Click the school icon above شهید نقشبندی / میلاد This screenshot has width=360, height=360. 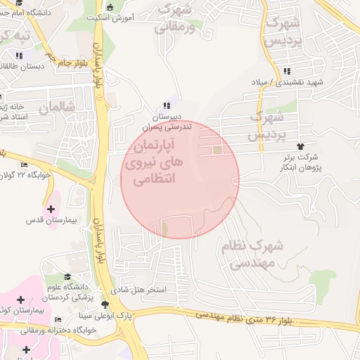287,71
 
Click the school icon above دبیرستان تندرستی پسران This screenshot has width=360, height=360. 167,105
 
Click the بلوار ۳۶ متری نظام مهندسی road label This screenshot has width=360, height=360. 247,319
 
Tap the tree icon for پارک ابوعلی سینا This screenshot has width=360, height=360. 105,305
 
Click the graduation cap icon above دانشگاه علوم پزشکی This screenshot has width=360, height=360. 68,276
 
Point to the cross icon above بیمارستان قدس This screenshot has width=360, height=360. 50,208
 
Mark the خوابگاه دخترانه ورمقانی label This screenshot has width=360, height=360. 34,330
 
